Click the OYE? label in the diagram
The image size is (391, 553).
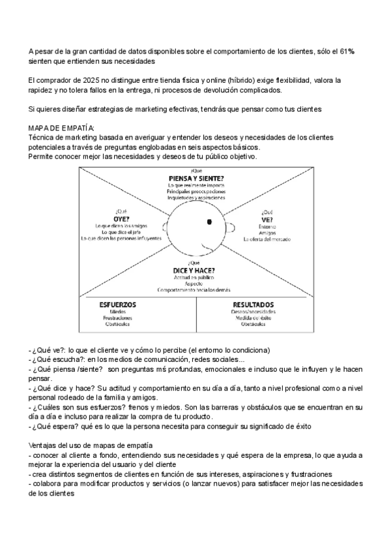[122, 218]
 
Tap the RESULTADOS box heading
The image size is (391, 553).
[253, 305]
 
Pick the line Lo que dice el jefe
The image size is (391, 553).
[122, 232]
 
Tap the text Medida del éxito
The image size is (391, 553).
[253, 318]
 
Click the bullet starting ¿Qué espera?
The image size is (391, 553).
[156, 426]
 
